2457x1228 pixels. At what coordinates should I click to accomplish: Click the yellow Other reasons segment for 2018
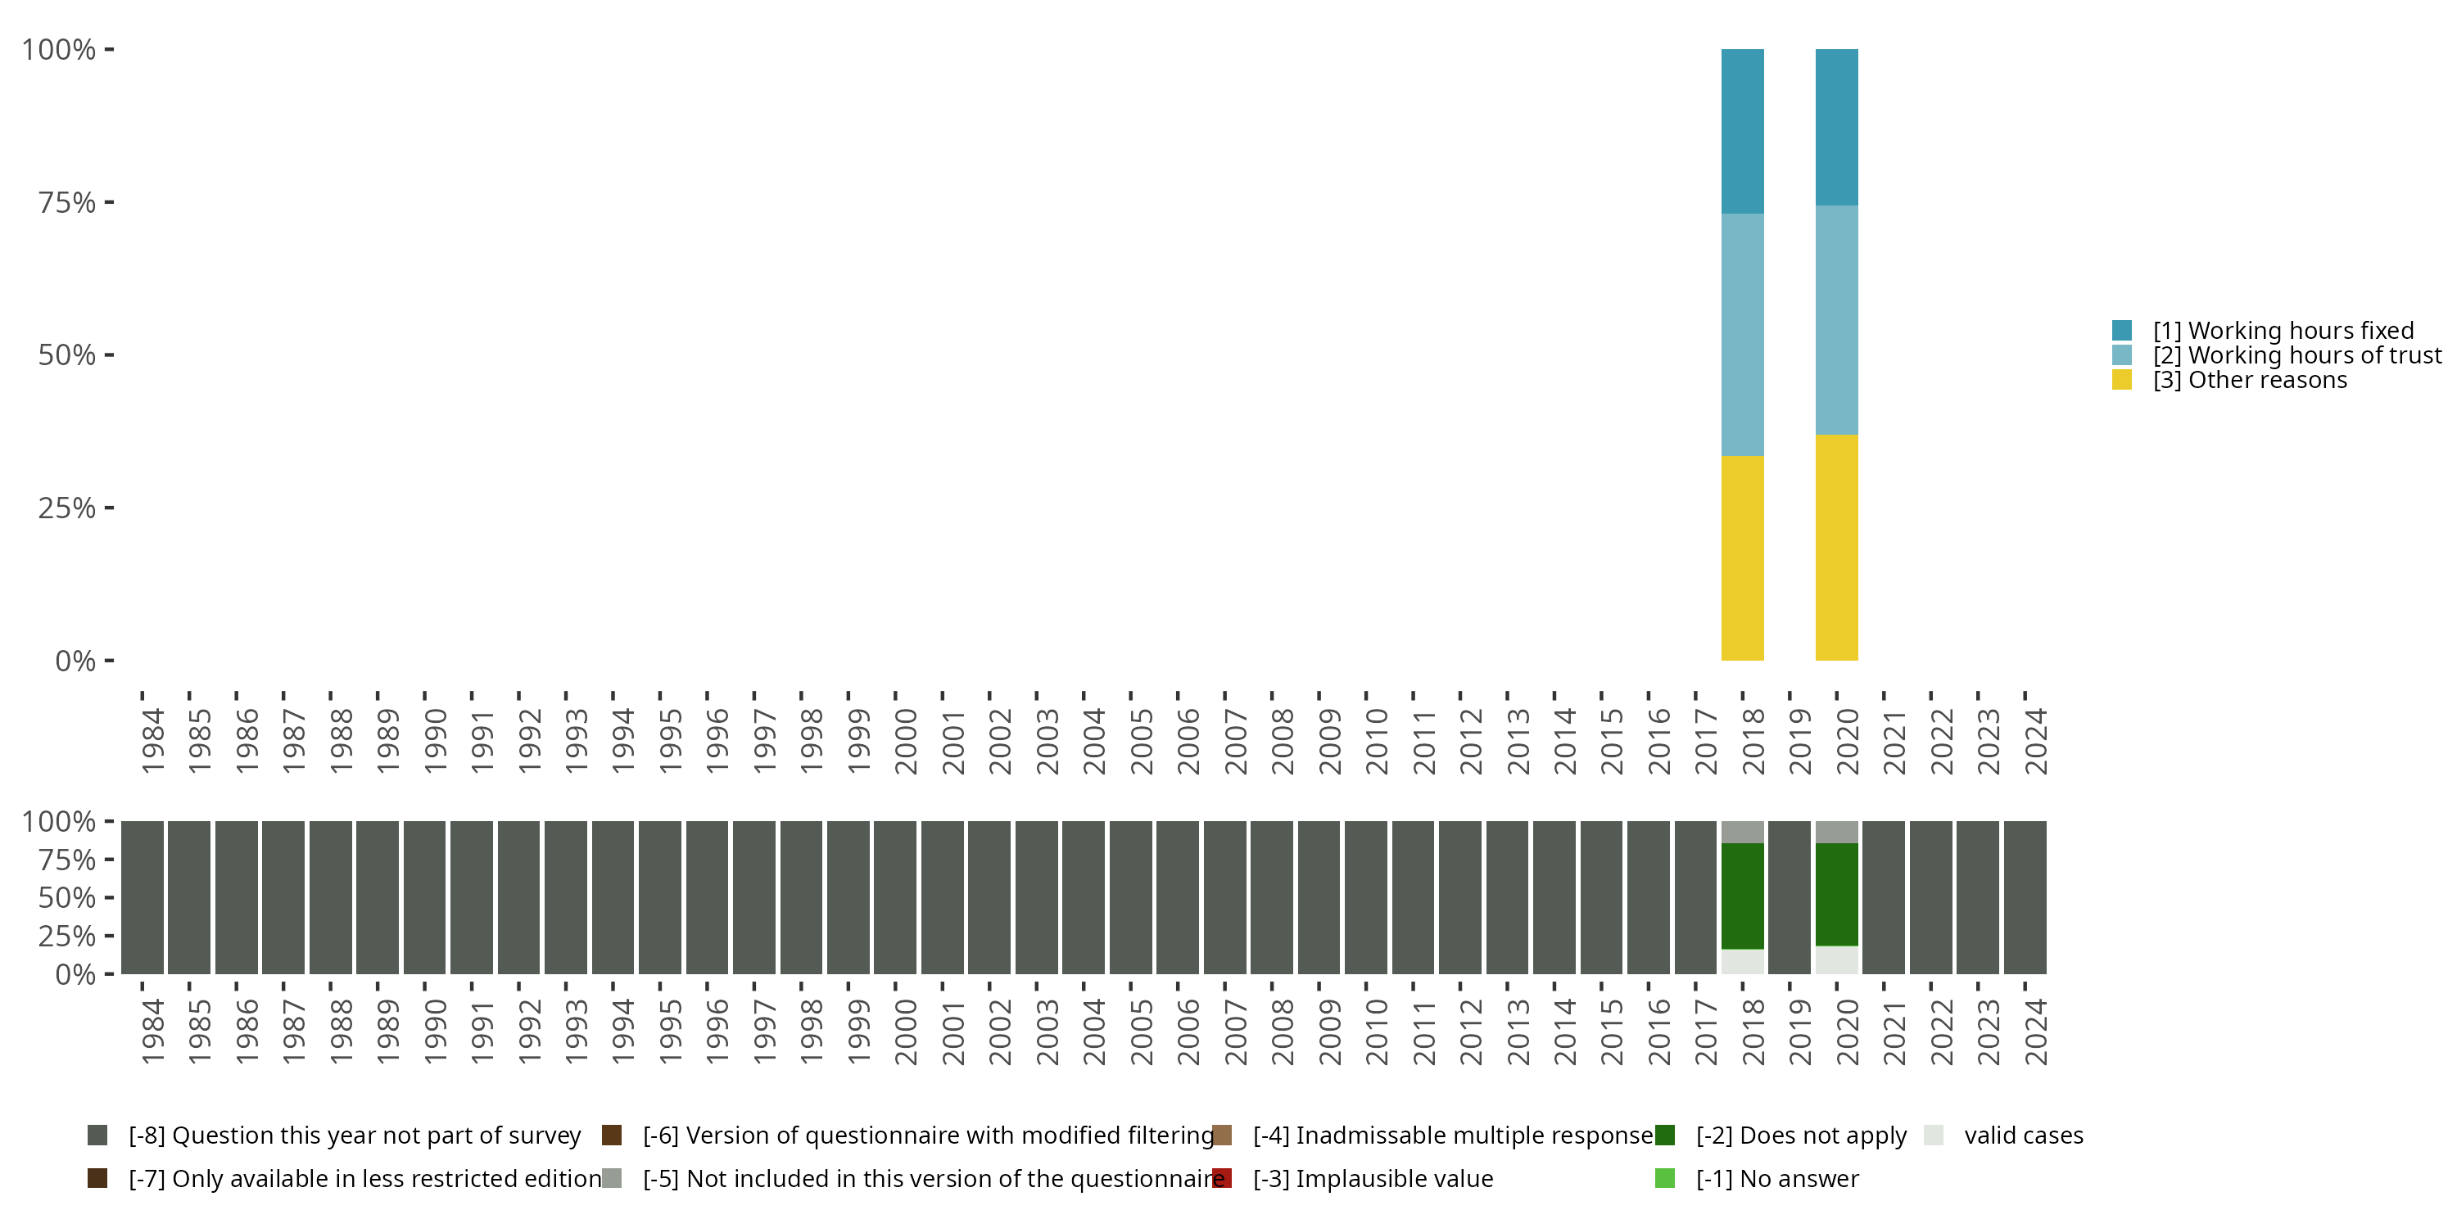point(1742,558)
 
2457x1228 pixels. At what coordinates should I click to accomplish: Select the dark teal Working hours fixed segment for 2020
point(1836,127)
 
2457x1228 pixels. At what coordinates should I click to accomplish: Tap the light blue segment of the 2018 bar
point(1742,335)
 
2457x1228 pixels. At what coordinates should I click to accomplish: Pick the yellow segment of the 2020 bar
point(1836,547)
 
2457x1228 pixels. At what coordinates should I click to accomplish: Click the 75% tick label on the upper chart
point(67,202)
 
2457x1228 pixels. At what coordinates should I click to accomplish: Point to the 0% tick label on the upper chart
point(75,661)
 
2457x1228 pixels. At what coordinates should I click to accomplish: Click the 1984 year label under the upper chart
point(152,741)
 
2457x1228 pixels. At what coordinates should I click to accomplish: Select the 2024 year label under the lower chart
point(2035,1032)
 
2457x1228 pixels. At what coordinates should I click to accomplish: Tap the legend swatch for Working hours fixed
point(2121,331)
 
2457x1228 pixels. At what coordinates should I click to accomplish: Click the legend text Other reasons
point(2267,381)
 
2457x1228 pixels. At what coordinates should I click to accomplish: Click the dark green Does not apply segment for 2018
point(1742,896)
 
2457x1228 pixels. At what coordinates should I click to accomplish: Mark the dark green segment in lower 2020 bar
point(1836,894)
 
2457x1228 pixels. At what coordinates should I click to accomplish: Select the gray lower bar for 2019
point(1790,897)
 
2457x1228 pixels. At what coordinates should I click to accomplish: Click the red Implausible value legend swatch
point(1222,1178)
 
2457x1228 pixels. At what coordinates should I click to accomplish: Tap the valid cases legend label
point(2023,1135)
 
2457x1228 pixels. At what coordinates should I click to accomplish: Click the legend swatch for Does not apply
point(1664,1135)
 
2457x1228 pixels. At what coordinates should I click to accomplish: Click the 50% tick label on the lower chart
point(67,897)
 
